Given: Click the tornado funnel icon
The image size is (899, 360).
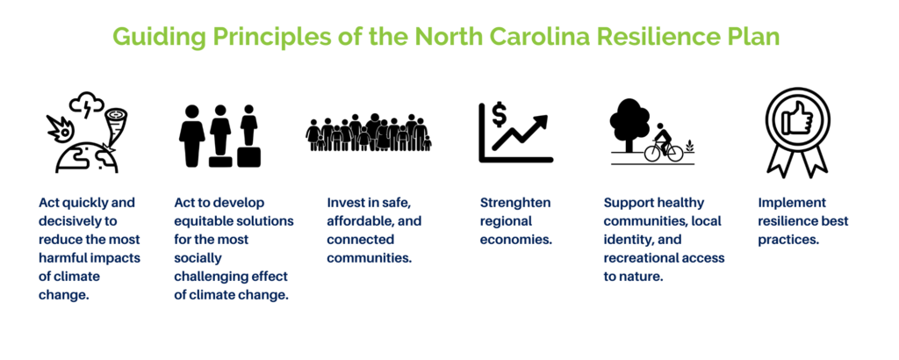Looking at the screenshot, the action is click(x=116, y=123).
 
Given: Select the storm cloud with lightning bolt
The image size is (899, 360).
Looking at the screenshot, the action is click(x=86, y=104).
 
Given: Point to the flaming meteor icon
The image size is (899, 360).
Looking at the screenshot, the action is click(x=59, y=129).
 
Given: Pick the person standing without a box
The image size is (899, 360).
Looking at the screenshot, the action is click(x=191, y=136).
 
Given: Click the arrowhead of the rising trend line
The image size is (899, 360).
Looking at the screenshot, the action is click(x=540, y=122).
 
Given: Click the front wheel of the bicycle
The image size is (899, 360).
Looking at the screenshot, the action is click(x=673, y=152).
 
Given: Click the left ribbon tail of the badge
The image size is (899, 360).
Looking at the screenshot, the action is click(x=780, y=160).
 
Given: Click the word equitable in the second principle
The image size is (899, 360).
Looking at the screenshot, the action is click(x=201, y=221).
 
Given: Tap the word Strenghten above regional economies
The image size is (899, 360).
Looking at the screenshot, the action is click(x=514, y=203).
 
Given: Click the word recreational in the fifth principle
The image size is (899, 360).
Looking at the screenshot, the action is click(x=640, y=258).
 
